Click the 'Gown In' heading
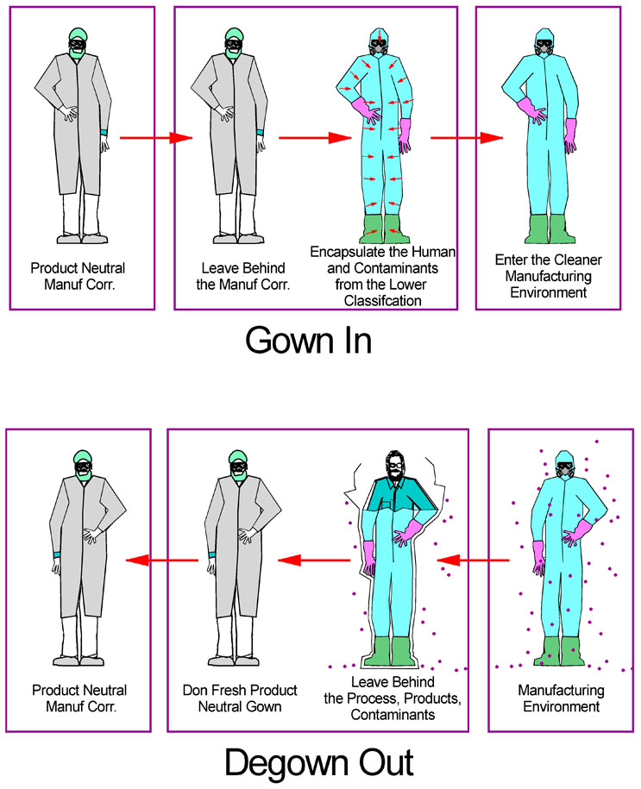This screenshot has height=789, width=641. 308,340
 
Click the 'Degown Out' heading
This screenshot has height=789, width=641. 319,763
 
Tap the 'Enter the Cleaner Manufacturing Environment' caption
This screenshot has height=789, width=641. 549,276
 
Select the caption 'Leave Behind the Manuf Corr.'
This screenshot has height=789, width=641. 243,276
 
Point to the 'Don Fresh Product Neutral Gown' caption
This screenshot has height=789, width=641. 240,698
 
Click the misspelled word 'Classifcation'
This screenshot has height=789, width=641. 383,300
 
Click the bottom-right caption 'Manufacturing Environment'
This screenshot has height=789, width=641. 561,698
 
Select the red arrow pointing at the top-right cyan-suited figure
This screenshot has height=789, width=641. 467,137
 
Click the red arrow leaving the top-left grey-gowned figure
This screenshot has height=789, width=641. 156,137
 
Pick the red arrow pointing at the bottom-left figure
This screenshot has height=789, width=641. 161,560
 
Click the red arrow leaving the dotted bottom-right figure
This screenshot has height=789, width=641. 473,560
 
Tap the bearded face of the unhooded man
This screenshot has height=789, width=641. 395,467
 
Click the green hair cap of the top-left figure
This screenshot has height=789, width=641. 78,34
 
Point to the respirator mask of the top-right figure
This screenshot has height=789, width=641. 544,48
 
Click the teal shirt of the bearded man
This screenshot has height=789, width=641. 398,496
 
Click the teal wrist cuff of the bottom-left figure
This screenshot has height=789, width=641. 56,554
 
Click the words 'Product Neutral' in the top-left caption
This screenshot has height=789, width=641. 78,267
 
